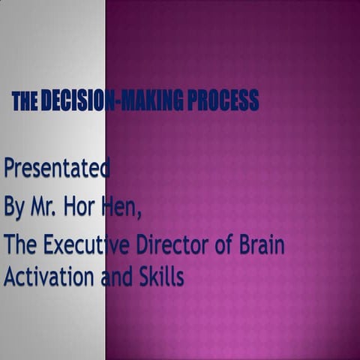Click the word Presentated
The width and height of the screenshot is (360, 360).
[x=57, y=169]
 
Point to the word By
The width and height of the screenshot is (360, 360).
[x=14, y=208]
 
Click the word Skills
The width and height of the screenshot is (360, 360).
[x=159, y=277]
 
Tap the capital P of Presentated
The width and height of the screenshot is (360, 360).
[x=10, y=168]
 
